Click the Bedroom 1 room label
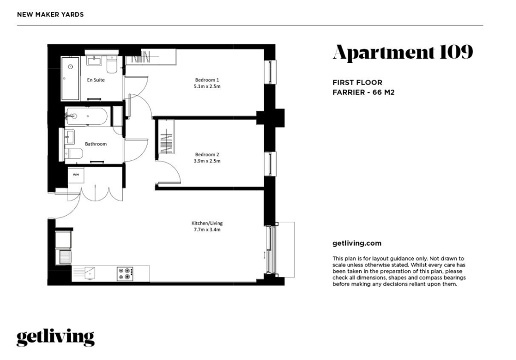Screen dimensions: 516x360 [x=207, y=80]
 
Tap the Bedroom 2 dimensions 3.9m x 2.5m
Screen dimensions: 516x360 [x=207, y=161]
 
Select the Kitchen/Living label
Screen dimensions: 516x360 [x=207, y=223]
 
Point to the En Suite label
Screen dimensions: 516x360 [x=96, y=79]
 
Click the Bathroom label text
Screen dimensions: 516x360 [x=96, y=144]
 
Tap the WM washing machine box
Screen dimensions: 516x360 [x=76, y=175]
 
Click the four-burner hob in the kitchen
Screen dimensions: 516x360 [x=125, y=274]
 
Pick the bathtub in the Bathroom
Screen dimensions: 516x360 [x=86, y=116]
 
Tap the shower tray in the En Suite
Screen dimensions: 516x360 [x=70, y=78]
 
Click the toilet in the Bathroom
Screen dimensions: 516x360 [x=74, y=154]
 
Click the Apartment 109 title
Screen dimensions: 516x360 [x=403, y=52]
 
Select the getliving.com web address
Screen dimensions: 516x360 [x=357, y=243]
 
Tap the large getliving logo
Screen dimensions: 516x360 [x=56, y=338]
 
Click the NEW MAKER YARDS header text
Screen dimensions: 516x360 [x=51, y=14]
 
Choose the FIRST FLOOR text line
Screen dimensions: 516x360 [x=358, y=83]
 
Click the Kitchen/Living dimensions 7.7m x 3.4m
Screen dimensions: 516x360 [x=207, y=230]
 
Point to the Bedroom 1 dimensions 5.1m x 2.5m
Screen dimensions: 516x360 [x=207, y=87]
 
